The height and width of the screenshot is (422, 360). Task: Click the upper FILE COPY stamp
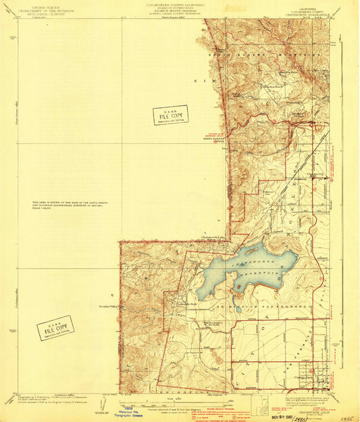[x=170, y=115]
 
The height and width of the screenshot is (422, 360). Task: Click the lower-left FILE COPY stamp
[x=55, y=328]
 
